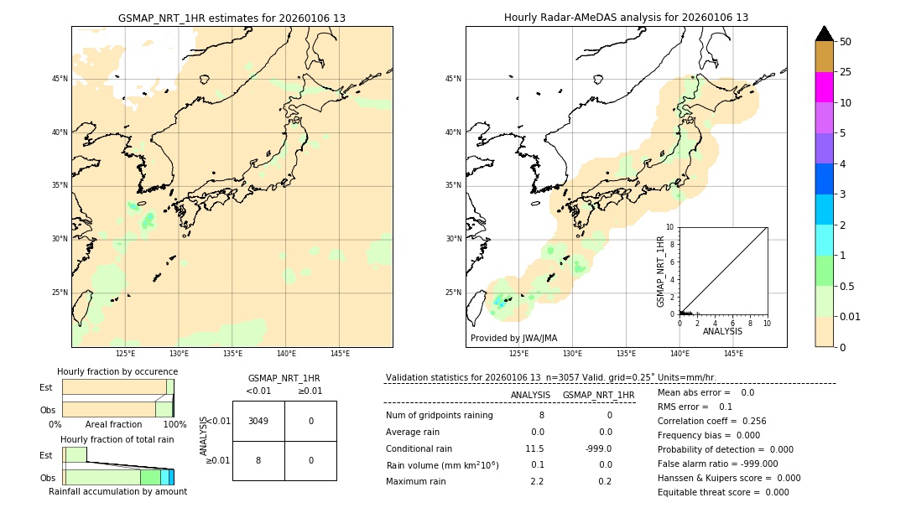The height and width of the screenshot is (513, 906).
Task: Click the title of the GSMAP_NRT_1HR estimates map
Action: (232, 18)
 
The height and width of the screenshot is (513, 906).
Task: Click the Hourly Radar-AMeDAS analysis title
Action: (626, 18)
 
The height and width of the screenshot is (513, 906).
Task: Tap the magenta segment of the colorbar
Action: (824, 87)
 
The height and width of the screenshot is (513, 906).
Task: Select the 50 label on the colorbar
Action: (846, 42)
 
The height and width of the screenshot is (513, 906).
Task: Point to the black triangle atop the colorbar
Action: (824, 34)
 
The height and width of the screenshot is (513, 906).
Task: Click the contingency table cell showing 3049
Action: (258, 421)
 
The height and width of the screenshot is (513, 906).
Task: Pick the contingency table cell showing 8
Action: (258, 460)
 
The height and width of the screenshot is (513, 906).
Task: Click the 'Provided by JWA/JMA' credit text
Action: (513, 339)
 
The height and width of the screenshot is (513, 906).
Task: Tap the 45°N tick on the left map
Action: (60, 79)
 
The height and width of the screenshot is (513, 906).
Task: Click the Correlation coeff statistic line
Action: (711, 422)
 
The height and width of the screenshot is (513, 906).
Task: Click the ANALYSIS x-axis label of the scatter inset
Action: (722, 332)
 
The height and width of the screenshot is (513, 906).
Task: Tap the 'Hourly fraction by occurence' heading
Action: (117, 371)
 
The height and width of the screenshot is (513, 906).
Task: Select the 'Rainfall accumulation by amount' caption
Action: (117, 492)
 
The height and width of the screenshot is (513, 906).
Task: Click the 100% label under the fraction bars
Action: (174, 425)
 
